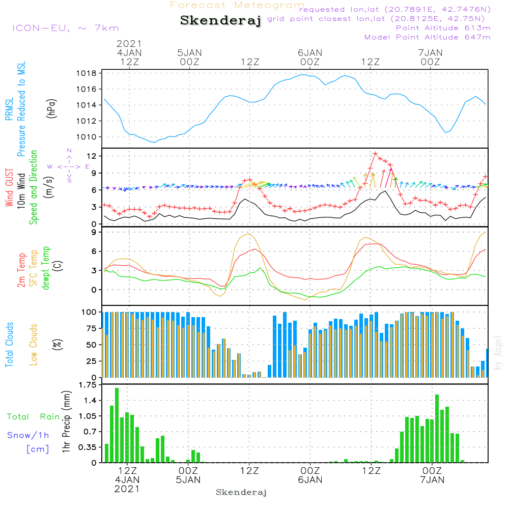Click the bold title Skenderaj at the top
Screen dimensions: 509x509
click(220, 21)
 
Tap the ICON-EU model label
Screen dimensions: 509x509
click(66, 28)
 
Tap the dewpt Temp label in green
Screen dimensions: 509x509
click(46, 268)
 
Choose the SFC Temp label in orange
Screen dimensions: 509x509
click(34, 268)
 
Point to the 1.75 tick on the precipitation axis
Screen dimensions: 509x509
click(88, 385)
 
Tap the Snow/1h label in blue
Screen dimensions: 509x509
click(29, 435)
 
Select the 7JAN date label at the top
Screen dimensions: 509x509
click(430, 52)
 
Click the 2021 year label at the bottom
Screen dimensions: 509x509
click(127, 489)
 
